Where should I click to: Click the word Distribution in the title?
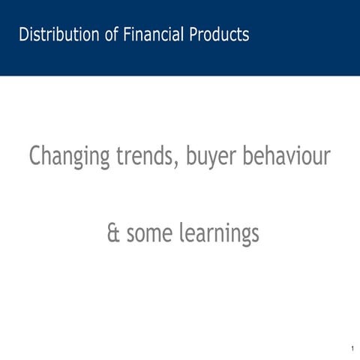(x=58, y=34)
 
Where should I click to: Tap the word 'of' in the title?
(x=111, y=34)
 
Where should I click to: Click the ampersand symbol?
(x=114, y=234)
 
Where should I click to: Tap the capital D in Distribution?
(x=23, y=34)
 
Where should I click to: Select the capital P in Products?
(x=193, y=34)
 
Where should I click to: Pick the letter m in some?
(x=154, y=235)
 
